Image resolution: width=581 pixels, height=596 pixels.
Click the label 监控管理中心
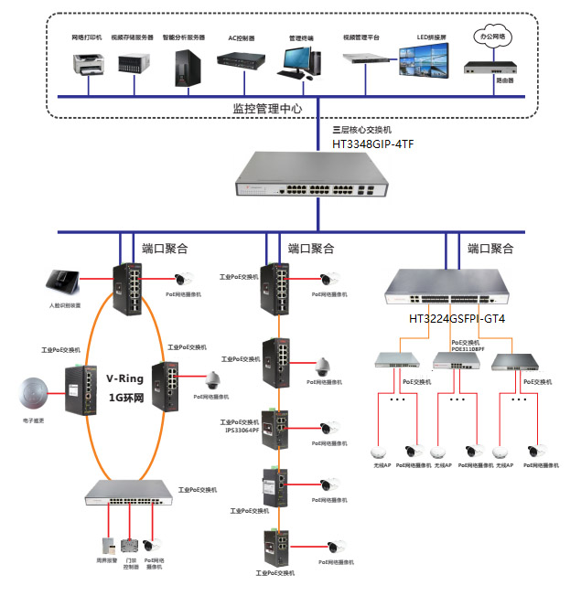click(267, 108)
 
